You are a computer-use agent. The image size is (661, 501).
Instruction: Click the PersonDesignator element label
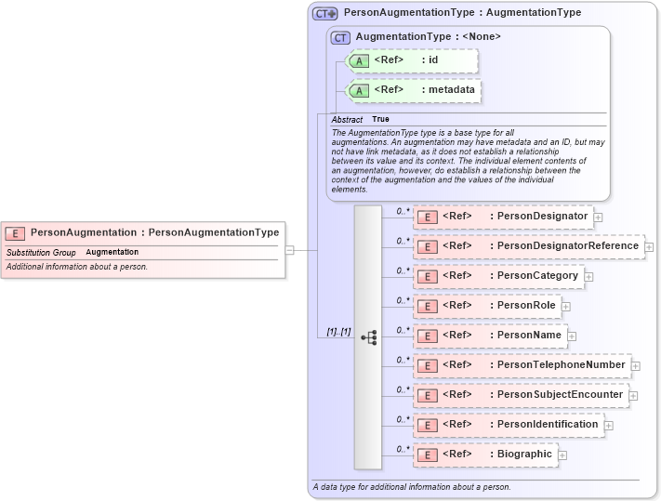click(x=542, y=217)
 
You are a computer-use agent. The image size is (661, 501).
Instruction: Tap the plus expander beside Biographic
click(x=562, y=455)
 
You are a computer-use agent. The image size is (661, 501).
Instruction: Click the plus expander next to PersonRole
click(x=565, y=307)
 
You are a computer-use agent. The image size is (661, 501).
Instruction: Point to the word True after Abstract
click(x=381, y=120)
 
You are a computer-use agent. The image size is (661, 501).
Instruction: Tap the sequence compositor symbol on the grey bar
click(x=368, y=337)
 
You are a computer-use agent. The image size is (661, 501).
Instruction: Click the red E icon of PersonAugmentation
click(x=15, y=232)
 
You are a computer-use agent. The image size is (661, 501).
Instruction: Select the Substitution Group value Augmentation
click(x=112, y=253)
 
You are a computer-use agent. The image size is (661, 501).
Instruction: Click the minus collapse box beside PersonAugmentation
click(x=290, y=250)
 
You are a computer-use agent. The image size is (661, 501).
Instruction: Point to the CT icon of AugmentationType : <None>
click(x=340, y=37)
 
